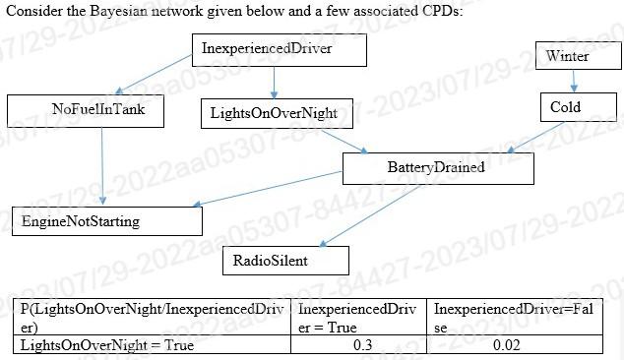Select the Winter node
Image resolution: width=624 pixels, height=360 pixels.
[568, 56]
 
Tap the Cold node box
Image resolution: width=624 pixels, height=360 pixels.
[566, 107]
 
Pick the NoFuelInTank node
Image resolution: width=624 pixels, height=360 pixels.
[86, 109]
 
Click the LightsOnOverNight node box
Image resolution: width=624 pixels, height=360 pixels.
[275, 114]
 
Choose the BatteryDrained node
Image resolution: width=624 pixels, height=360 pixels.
[437, 167]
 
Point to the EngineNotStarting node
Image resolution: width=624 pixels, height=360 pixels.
[106, 221]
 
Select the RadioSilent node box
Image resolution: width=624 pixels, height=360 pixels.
[285, 261]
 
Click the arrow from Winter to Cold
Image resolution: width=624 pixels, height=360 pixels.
[574, 81]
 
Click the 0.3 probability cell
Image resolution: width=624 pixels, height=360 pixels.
[362, 345]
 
